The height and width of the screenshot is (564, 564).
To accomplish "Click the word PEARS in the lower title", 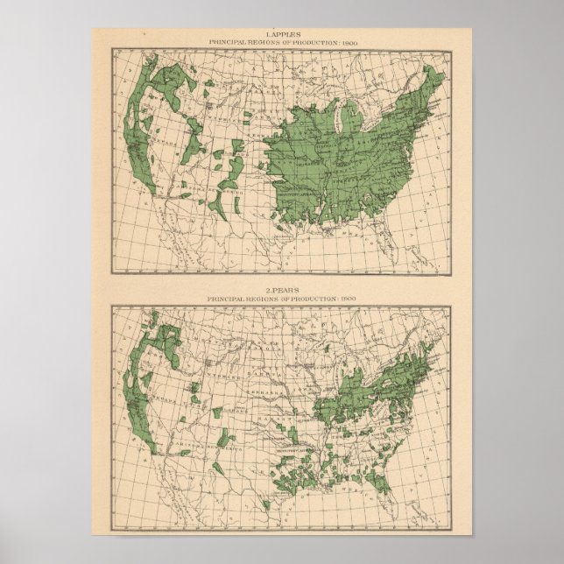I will click(286, 290).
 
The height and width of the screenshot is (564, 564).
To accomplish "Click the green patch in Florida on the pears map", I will click(383, 480).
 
